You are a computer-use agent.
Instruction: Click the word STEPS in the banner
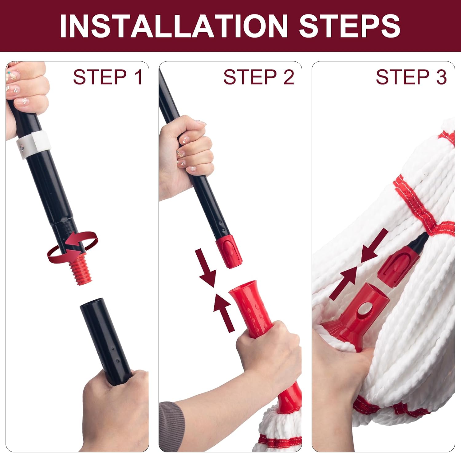[x=349, y=26]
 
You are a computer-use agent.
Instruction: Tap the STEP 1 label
[x=108, y=77]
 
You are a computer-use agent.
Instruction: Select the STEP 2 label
[x=259, y=77]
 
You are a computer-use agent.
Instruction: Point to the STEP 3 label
[x=411, y=77]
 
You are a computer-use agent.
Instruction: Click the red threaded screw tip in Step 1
[x=81, y=270]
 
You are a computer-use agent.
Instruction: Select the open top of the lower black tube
[x=91, y=302]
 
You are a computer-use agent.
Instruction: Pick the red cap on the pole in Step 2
[x=229, y=251]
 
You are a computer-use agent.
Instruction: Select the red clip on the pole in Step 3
[x=396, y=266]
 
